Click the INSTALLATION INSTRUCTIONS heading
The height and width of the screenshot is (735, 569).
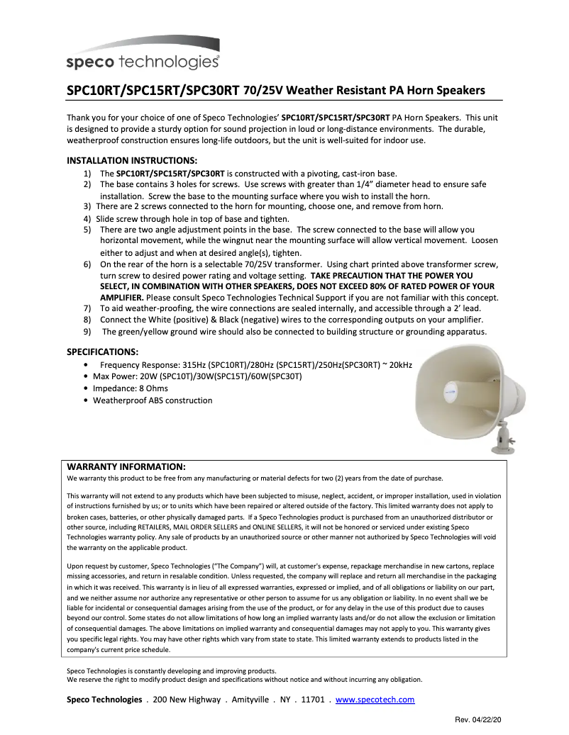tap(131, 160)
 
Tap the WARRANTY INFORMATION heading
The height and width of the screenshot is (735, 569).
tap(126, 466)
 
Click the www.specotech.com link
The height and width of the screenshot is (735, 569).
tap(375, 700)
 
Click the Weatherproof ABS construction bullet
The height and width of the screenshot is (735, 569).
tap(152, 400)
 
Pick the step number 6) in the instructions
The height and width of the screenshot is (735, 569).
tap(87, 264)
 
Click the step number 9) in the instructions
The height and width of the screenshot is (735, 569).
tap(87, 331)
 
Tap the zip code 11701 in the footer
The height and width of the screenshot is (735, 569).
tap(313, 700)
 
